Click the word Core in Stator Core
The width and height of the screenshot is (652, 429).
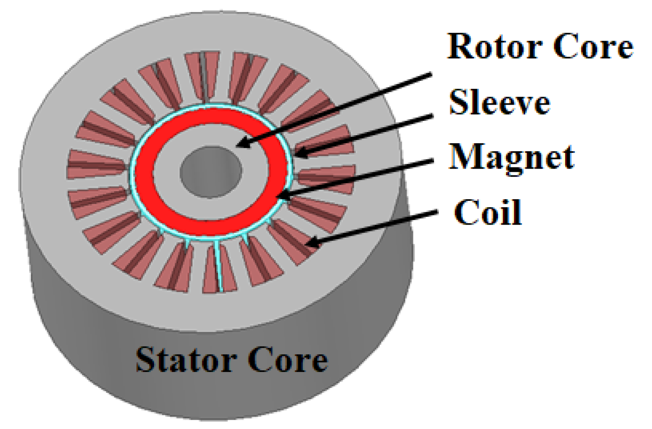pos(287,359)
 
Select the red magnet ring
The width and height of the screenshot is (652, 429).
pos(145,173)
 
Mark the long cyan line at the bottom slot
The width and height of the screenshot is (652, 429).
pos(218,266)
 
